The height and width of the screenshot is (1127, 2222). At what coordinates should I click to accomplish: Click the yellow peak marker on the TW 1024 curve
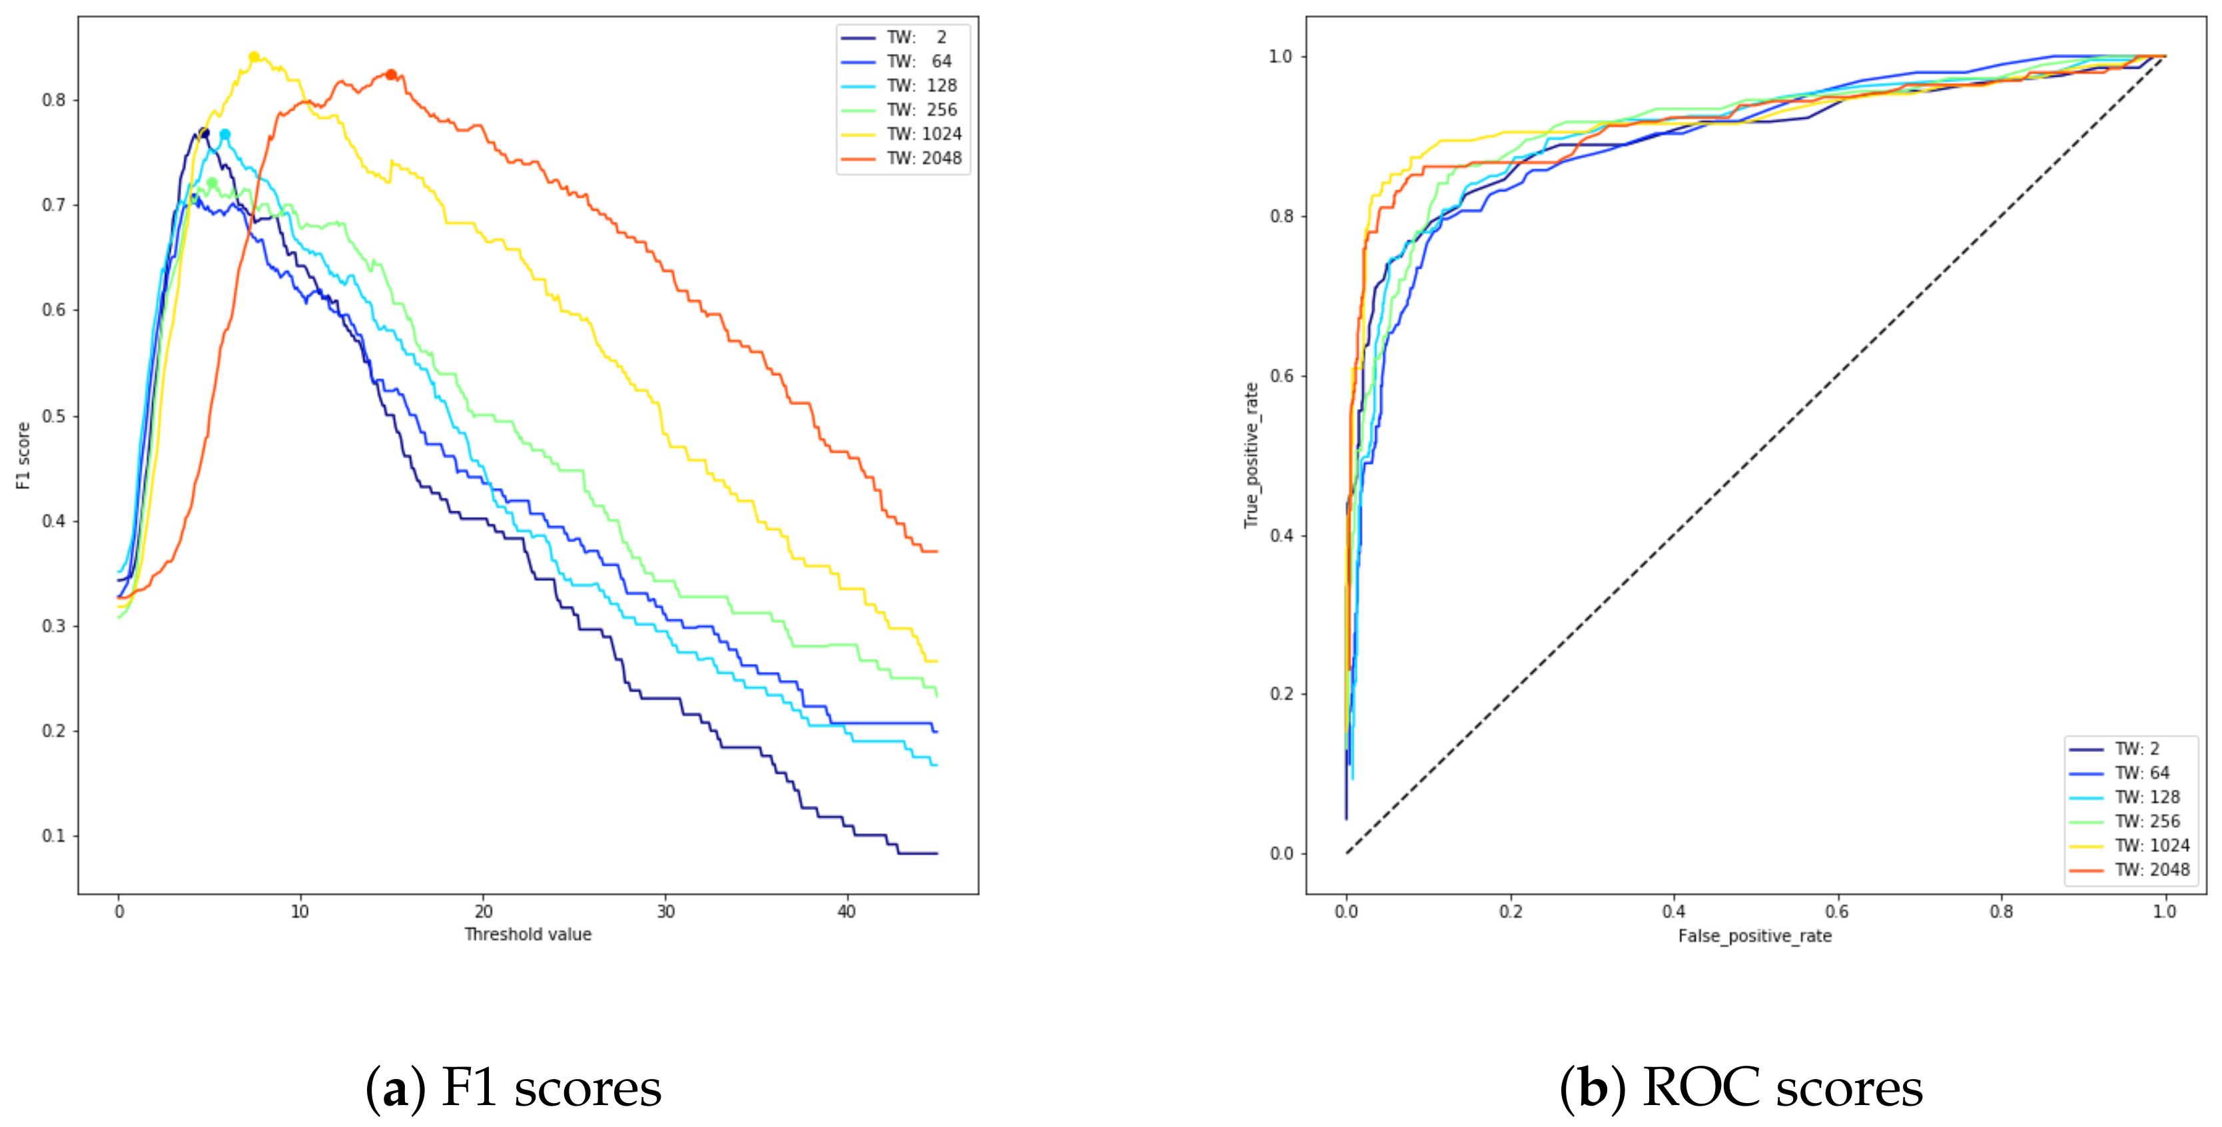(x=254, y=57)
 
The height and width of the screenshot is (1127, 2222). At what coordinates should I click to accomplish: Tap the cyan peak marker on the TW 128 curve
(x=225, y=135)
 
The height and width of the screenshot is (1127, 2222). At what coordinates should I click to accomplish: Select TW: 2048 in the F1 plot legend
(x=923, y=158)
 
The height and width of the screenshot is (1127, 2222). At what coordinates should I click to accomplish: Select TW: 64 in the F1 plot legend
(x=919, y=61)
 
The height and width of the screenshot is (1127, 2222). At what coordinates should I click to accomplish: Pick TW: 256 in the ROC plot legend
(x=2146, y=821)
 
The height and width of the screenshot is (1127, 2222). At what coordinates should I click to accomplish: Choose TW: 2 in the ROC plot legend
(x=2135, y=749)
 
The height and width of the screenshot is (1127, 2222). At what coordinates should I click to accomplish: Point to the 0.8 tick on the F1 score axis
(x=53, y=100)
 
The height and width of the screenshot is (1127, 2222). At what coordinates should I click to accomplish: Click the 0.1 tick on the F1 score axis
(x=53, y=835)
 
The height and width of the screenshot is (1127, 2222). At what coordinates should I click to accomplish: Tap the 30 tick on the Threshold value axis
(x=665, y=911)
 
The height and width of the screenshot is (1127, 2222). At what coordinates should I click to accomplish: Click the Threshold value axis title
(x=528, y=935)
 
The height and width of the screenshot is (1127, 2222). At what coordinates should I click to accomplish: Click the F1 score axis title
(x=23, y=456)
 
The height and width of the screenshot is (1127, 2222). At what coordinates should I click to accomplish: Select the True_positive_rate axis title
(x=1251, y=456)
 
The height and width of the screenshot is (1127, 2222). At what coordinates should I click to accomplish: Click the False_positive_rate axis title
(x=1754, y=937)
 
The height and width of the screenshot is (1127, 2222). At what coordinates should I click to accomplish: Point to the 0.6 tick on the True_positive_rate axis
(x=1281, y=376)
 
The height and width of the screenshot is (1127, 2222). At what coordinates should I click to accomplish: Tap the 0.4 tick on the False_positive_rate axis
(x=1673, y=911)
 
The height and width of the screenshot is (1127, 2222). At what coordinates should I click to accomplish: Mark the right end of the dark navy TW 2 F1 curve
(x=936, y=854)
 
